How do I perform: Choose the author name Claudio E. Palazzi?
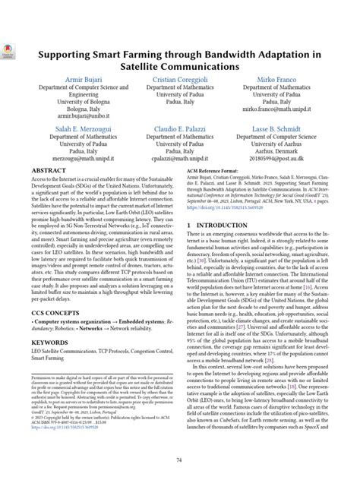[x=180, y=131]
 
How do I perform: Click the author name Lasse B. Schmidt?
[x=278, y=131]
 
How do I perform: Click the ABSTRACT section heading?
[x=50, y=172]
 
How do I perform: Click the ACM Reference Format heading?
[x=219, y=172]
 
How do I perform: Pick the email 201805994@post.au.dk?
[x=278, y=160]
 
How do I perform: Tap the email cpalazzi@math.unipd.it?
[x=180, y=160]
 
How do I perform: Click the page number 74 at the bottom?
[x=180, y=460]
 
